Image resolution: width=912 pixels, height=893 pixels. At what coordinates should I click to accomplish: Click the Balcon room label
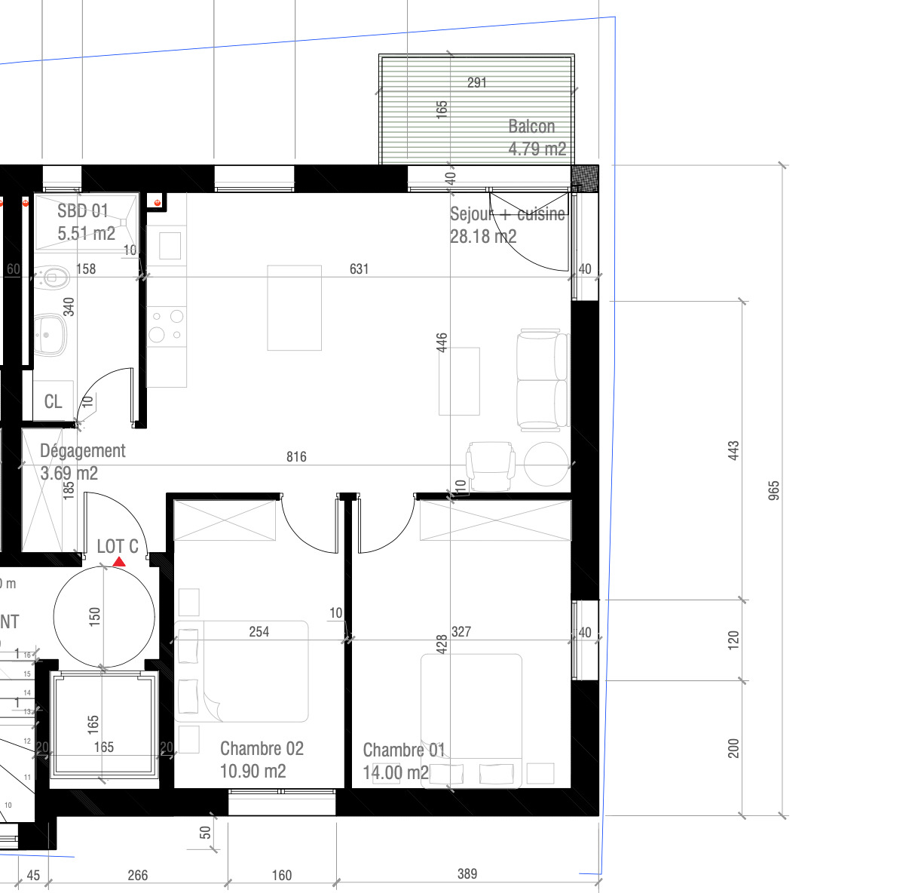531,127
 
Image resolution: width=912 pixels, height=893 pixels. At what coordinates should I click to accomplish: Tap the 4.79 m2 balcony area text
537,149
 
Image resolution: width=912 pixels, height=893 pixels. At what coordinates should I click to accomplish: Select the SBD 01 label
83,211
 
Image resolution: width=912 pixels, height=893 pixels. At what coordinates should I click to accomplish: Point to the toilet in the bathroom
52,278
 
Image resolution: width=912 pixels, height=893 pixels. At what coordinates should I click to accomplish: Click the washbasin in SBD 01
50,334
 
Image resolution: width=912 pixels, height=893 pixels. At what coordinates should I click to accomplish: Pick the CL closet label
53,401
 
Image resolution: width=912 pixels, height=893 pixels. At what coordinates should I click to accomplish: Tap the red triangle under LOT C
119,562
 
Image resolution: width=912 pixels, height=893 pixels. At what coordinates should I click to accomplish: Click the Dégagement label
82,451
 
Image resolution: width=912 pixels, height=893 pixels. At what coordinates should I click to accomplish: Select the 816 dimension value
296,457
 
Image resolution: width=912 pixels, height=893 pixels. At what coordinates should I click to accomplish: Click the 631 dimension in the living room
359,269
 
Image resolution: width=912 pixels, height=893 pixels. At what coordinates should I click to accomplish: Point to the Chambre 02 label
262,749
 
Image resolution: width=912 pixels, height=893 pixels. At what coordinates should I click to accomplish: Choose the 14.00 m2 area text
395,772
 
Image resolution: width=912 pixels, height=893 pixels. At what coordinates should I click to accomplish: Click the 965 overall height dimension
773,490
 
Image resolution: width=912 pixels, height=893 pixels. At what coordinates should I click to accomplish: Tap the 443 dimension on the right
733,451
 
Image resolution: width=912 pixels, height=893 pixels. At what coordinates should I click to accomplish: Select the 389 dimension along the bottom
467,874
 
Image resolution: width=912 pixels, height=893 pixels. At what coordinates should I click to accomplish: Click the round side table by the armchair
546,463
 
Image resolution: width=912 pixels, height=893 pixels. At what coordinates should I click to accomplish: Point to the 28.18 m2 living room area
483,237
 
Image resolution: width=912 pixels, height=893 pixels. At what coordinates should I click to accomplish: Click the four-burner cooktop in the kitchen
167,326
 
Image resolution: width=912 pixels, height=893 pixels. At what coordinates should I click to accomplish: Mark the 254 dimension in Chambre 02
259,632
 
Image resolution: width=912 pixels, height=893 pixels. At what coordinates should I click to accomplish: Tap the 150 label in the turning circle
95,617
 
